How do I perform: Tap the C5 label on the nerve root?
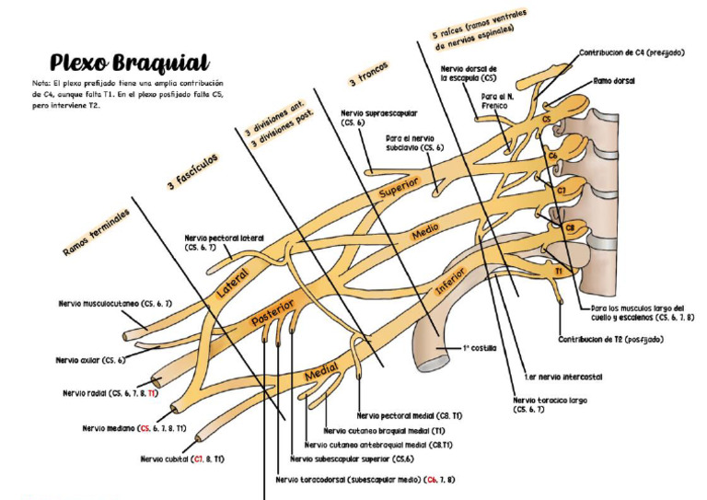(547, 119)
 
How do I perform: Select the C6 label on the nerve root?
(553, 157)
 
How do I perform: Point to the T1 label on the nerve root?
(558, 272)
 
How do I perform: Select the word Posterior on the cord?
(272, 312)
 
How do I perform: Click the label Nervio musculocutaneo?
(114, 303)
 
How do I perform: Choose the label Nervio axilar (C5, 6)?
(90, 360)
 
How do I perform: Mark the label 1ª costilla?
(480, 349)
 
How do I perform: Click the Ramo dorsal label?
(614, 81)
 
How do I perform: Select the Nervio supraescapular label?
(378, 117)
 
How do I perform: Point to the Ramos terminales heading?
(96, 232)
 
